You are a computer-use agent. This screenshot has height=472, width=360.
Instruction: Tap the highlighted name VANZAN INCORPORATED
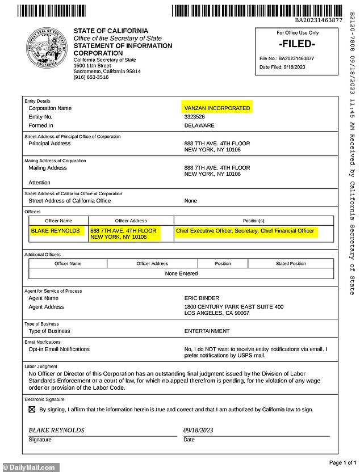[x=216, y=108]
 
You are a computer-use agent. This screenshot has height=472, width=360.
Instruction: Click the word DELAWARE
[x=199, y=125]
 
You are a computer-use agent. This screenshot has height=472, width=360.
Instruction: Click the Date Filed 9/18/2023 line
[x=282, y=67]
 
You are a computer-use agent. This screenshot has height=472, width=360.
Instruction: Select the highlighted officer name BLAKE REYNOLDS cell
[x=56, y=231]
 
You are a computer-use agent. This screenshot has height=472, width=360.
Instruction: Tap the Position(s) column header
[x=253, y=221]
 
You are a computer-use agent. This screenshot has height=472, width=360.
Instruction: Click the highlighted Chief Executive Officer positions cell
[x=245, y=231]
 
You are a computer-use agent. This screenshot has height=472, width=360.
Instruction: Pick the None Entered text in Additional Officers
[x=181, y=273]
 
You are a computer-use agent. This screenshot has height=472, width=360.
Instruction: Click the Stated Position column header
[x=291, y=263]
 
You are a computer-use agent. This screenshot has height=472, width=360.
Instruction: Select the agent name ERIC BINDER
[x=202, y=298]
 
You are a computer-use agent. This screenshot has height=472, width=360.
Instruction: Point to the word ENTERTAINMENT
[x=207, y=331]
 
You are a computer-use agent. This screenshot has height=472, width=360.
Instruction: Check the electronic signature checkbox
[x=32, y=410]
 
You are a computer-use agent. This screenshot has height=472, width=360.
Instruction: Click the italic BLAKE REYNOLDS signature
[x=57, y=430]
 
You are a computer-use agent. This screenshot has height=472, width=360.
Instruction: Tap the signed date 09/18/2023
[x=198, y=430]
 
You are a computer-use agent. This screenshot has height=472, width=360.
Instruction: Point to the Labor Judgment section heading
[x=41, y=366]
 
